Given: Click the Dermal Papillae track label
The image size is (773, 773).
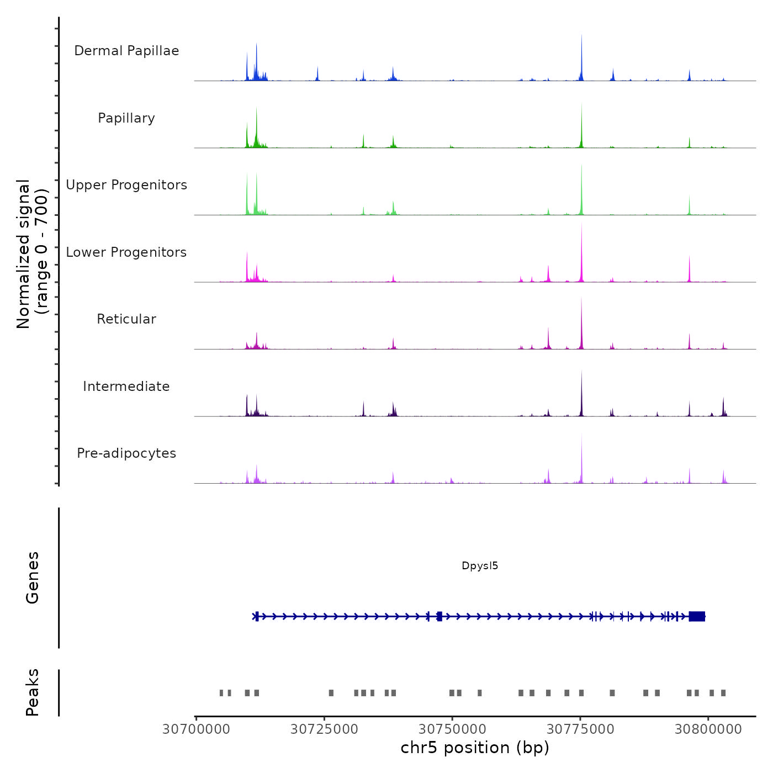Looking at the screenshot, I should tap(126, 51).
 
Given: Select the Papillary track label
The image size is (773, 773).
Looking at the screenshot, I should tap(126, 118).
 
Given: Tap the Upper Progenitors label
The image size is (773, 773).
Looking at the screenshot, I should tap(126, 185).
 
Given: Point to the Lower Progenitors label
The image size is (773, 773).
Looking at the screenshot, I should tap(126, 252).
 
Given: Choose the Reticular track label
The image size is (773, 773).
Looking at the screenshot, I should tap(126, 319).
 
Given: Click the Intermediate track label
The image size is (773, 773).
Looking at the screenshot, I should tap(126, 386).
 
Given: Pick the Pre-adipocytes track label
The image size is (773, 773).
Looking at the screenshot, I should tap(126, 453).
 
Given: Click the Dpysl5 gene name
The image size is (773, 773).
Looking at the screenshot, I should tap(480, 565).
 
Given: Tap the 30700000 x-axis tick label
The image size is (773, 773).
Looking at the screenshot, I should tap(196, 729).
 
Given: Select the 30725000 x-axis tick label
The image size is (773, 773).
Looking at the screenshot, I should tap(324, 729).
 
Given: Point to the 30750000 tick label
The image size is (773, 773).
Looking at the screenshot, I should tap(452, 729).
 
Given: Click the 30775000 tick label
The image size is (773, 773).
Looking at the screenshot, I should tap(580, 729).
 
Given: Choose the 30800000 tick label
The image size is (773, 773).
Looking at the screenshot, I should tap(708, 729).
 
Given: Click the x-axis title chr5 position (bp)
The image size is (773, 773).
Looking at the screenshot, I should tap(475, 748).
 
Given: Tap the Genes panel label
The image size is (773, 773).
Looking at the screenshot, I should tap(33, 578).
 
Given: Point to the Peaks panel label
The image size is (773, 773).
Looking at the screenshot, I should tap(33, 692).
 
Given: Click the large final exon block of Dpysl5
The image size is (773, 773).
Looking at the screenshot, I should tap(697, 616).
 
